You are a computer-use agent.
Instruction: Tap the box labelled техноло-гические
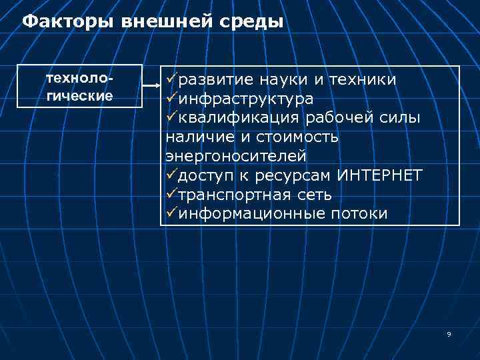point(80,86)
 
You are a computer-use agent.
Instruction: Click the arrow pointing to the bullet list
point(151,86)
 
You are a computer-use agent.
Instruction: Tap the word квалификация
point(240,119)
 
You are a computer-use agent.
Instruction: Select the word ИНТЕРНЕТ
point(380,176)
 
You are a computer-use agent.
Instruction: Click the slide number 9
point(449,334)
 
